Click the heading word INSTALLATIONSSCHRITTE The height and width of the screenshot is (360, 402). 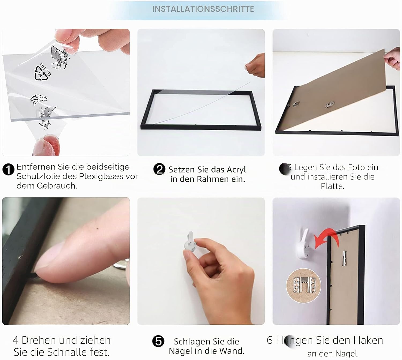pyautogui.click(x=203, y=9)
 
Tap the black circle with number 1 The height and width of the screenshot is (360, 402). pyautogui.click(x=8, y=170)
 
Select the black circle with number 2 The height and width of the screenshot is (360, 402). pyautogui.click(x=159, y=169)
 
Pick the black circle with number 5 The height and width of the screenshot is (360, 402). pyautogui.click(x=158, y=341)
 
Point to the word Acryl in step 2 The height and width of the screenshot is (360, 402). pyautogui.click(x=236, y=170)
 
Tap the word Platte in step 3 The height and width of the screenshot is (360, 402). pyautogui.click(x=332, y=186)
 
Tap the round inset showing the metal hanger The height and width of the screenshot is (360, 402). pyautogui.click(x=303, y=286)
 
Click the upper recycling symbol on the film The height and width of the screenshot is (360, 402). pyautogui.click(x=42, y=73)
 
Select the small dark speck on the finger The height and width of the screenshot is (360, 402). pyautogui.click(x=97, y=228)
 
